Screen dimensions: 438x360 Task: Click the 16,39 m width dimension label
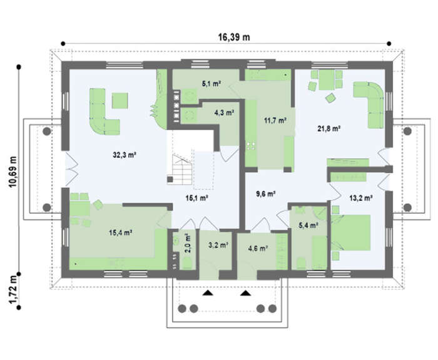point(234,37)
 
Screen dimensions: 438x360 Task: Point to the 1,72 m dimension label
point(13,290)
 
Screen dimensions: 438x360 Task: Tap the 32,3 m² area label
point(125,155)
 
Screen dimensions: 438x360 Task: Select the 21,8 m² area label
point(328,128)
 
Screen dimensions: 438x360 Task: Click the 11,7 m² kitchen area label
point(275,120)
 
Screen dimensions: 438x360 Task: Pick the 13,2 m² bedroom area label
point(361,198)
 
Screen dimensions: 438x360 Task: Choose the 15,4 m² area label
point(121,232)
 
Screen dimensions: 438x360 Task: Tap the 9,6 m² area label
point(266,193)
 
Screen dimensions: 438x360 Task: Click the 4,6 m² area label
point(258,248)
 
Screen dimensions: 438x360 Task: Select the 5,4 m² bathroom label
point(308,225)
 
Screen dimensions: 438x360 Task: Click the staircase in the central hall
point(180,170)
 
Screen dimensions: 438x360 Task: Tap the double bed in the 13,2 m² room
point(351,233)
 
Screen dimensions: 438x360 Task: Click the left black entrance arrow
point(207,293)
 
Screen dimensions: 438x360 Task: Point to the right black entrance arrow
point(245,293)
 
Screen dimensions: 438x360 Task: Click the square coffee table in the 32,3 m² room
point(120,101)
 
